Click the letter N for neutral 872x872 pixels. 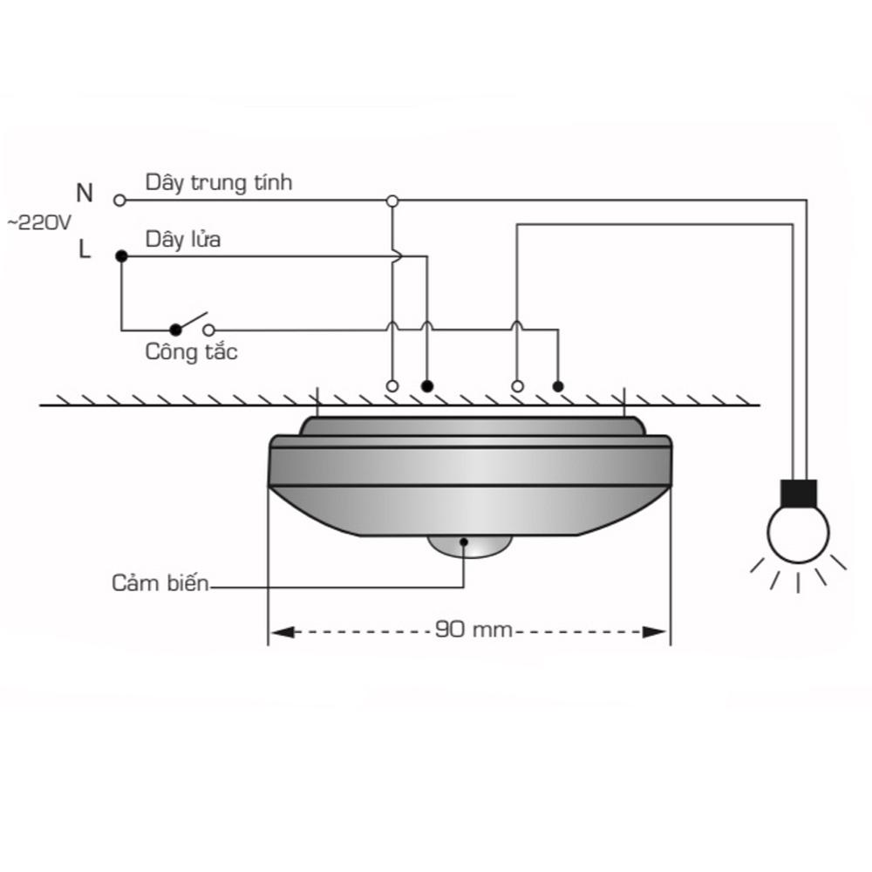coord(85,193)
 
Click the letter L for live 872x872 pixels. coord(84,249)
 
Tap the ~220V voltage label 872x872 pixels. coord(39,223)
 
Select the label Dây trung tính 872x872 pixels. coord(219,183)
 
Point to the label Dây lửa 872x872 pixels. coord(183,239)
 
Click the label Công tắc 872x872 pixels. coord(191,352)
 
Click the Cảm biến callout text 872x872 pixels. coord(160,582)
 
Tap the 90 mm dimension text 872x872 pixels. coord(473,630)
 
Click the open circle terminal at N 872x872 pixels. coord(119,201)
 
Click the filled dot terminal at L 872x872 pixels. coord(121,255)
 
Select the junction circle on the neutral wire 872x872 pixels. coord(392,201)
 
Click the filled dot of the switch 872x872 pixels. coord(176,330)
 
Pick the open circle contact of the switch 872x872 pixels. coord(208,330)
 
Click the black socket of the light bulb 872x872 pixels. coord(799,493)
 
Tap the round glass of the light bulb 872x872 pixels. coord(799,533)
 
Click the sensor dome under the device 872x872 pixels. coord(469,546)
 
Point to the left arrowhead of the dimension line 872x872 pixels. coord(282,632)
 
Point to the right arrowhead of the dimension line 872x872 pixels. coord(655,632)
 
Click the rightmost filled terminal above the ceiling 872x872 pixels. coord(558,386)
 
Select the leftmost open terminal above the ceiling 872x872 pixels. coord(392,386)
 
